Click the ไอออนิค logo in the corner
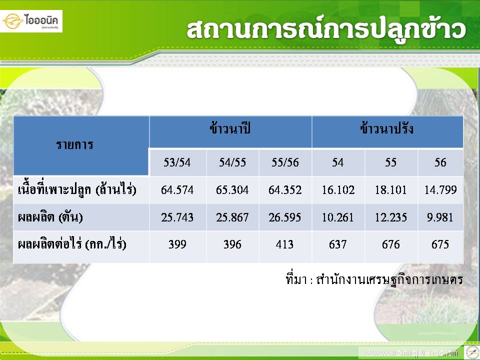[x=31, y=21]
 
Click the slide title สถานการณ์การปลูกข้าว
[x=326, y=30]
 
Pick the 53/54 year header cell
[x=177, y=162]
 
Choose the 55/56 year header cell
[x=285, y=162]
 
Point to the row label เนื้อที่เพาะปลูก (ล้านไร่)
[x=77, y=190]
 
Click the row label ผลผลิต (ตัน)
[x=50, y=217]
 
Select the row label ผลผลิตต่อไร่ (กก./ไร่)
[x=72, y=244]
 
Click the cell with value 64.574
[x=177, y=190]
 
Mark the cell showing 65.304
[x=232, y=190]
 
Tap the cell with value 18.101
[x=391, y=190]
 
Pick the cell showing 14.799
[x=440, y=190]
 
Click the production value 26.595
[x=284, y=217]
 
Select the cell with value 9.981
[x=440, y=217]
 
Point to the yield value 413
[x=284, y=244]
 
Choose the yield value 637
[x=337, y=244]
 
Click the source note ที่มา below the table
[x=374, y=278]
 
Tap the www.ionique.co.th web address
[x=411, y=352]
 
